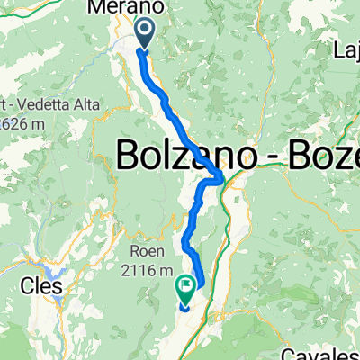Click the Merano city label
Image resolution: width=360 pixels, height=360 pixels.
coord(124,8)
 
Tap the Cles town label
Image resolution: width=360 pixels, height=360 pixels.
coord(37,286)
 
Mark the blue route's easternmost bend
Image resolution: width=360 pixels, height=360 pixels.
coord(223,174)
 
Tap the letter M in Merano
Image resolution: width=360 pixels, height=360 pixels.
coord(97,8)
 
